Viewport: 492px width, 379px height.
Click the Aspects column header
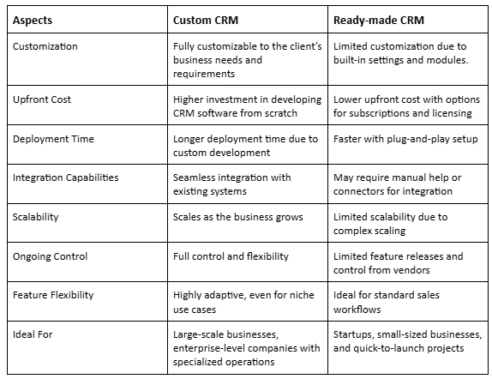point(33,21)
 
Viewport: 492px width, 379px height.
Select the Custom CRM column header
point(206,20)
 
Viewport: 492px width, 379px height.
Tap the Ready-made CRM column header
point(378,20)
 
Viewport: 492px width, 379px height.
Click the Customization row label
point(45,46)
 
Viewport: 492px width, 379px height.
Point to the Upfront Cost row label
point(42,99)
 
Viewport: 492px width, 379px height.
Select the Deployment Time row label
point(53,139)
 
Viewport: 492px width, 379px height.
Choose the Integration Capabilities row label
point(66,177)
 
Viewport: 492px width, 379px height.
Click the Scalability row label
point(35,217)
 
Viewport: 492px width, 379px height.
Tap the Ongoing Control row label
point(50,256)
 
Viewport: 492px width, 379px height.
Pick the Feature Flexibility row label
point(53,295)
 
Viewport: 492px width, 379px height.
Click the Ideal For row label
point(33,334)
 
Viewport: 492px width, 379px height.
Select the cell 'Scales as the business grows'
point(237,217)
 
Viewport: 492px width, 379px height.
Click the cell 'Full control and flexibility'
point(231,256)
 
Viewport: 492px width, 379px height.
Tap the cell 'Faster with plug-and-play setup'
point(405,139)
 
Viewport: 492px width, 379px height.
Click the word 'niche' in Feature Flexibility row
point(303,295)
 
